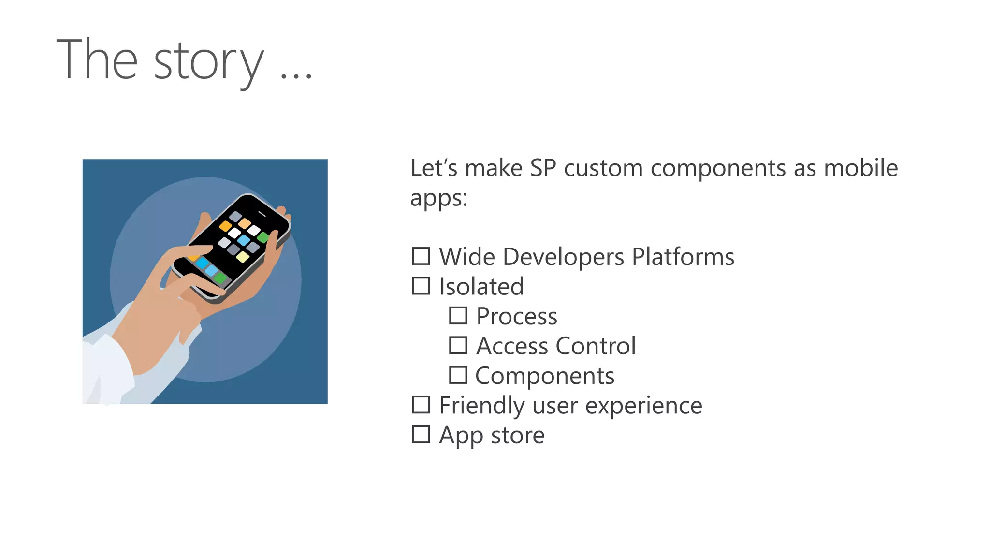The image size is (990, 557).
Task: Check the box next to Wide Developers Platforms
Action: pyautogui.click(x=421, y=256)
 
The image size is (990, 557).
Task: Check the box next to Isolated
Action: pyautogui.click(x=421, y=286)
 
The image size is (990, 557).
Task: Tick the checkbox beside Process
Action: pyautogui.click(x=458, y=316)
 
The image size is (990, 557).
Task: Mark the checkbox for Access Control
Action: pyautogui.click(x=458, y=345)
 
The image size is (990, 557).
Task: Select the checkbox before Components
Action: pyautogui.click(x=458, y=375)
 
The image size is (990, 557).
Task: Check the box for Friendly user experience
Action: pyautogui.click(x=421, y=405)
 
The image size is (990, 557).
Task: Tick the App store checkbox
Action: pyautogui.click(x=421, y=434)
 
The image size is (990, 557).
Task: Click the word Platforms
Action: pyautogui.click(x=683, y=257)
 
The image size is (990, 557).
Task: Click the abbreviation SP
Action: pyautogui.click(x=543, y=168)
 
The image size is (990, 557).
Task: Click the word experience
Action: pyautogui.click(x=643, y=405)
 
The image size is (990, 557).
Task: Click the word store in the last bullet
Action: pyautogui.click(x=518, y=435)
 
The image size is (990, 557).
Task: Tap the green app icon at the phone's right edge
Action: pyautogui.click(x=263, y=237)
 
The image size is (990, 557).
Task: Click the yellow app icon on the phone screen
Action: pyautogui.click(x=243, y=257)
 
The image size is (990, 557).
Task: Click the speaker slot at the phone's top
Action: pyautogui.click(x=262, y=214)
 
